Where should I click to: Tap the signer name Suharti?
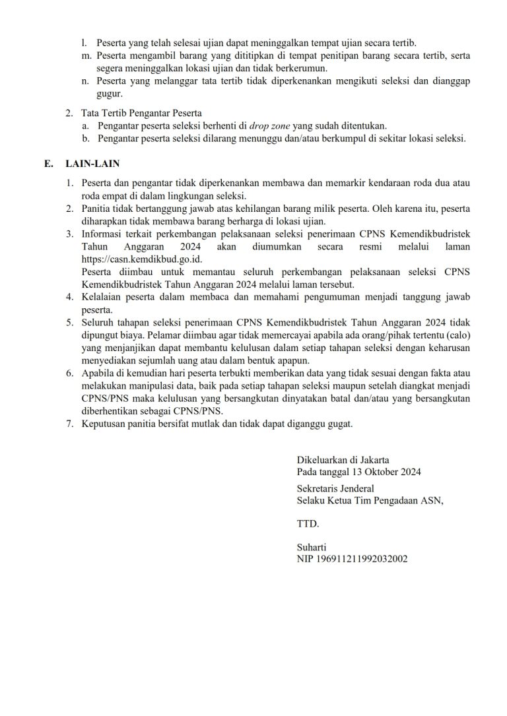312,547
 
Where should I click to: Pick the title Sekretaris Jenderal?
335,489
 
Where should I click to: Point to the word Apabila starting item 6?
98,374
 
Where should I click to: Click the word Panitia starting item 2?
97,209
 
